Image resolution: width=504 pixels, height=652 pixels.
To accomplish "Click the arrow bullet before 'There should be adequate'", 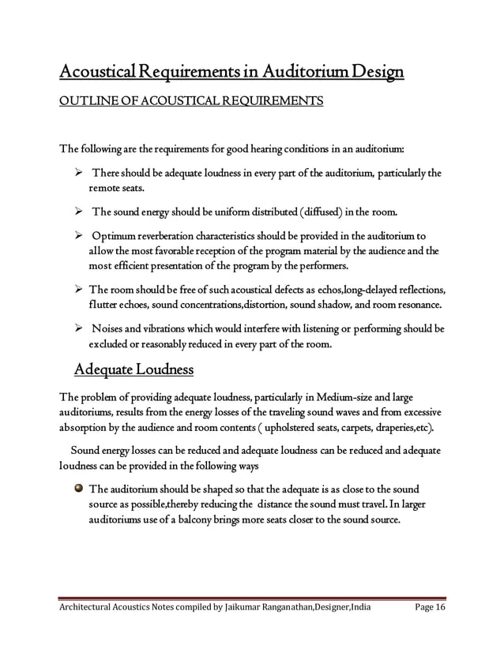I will coord(80,172).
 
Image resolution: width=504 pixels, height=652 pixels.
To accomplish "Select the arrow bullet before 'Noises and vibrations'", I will coord(80,328).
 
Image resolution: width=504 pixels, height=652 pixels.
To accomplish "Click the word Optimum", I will coord(117,236).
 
